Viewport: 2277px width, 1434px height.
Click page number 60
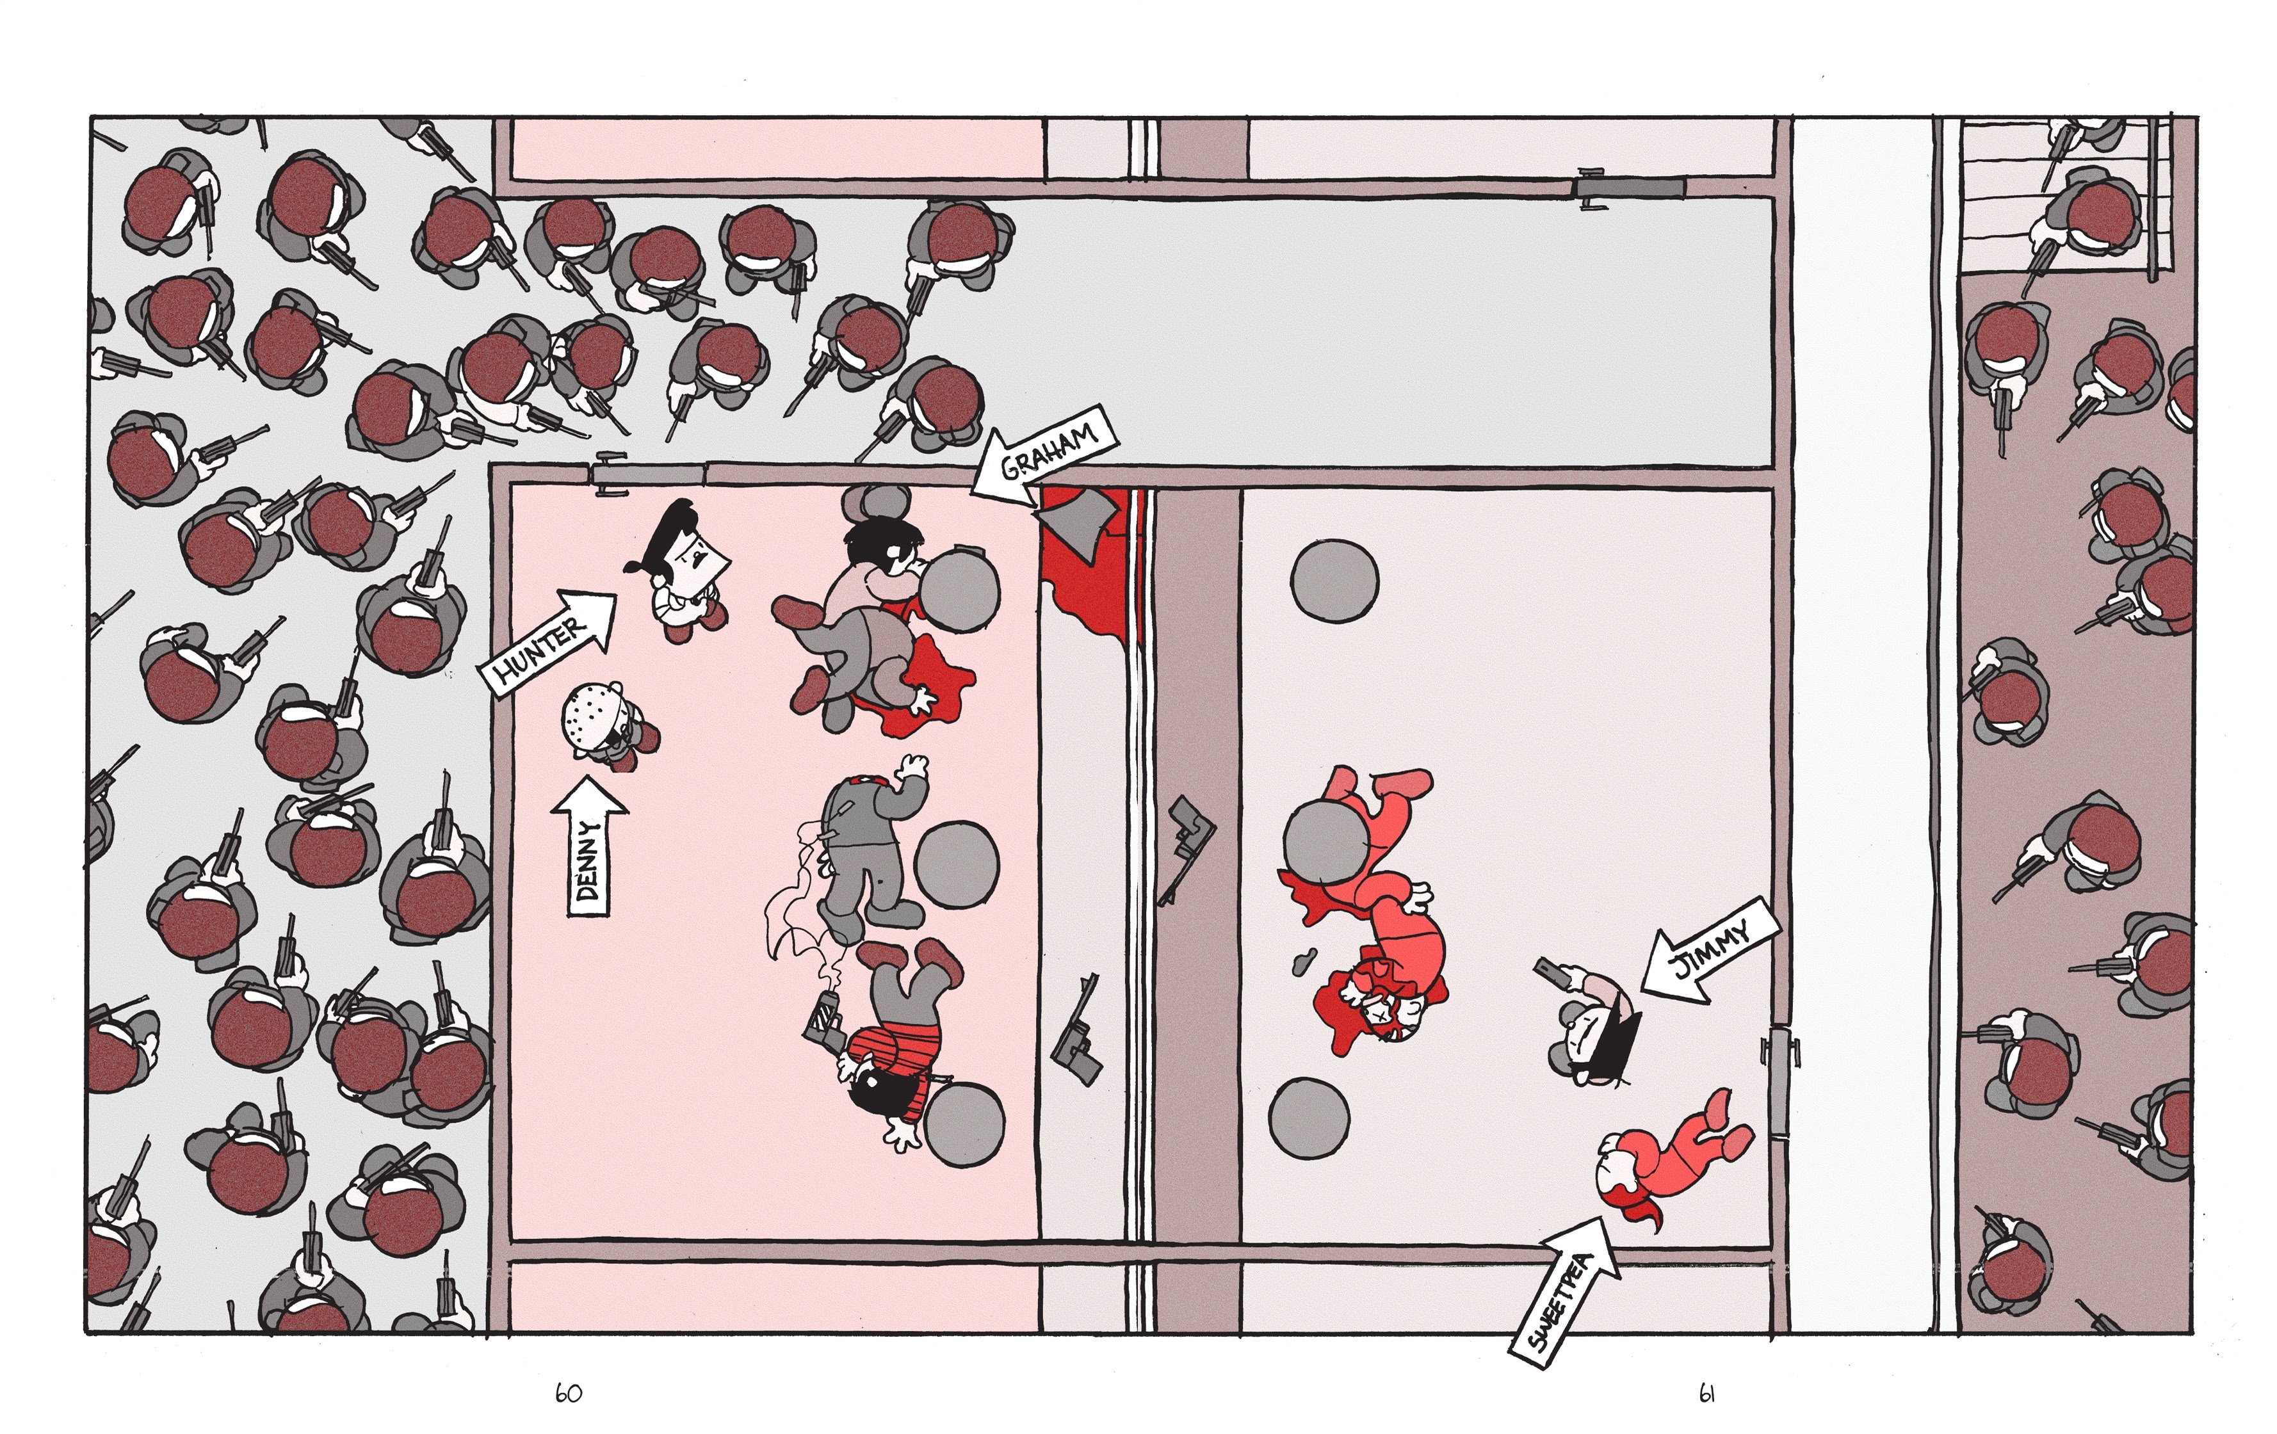569,1394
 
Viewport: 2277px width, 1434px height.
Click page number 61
1707,1394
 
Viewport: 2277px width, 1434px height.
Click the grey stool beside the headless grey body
956,862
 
